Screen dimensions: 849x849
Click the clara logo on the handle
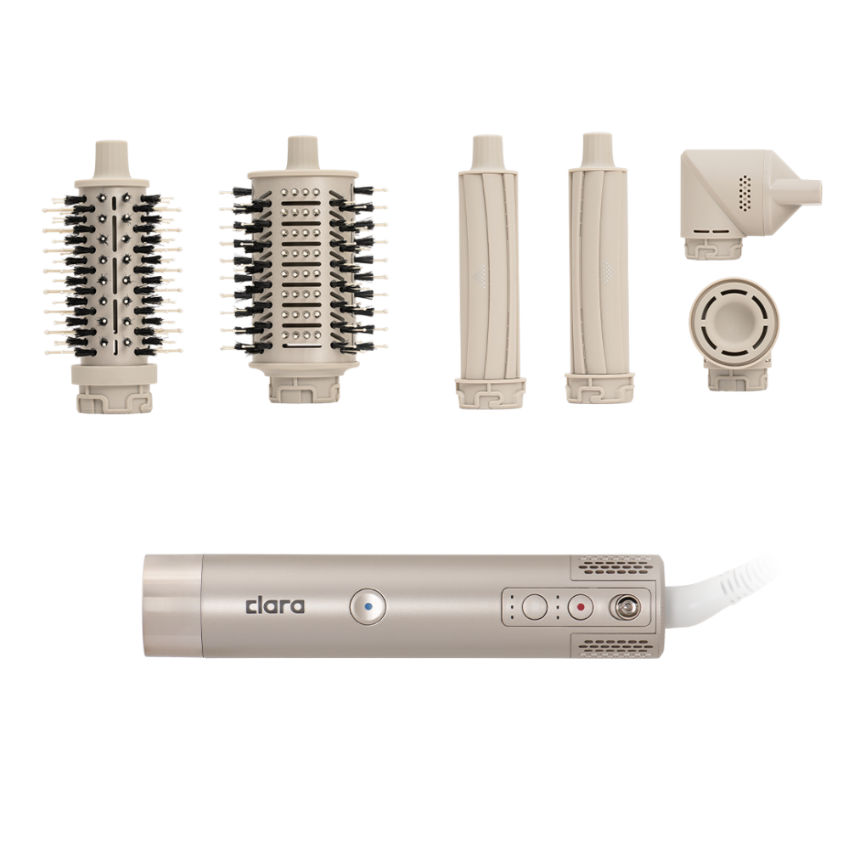(x=275, y=605)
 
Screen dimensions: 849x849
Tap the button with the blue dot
(x=368, y=607)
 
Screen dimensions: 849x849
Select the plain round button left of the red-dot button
(x=536, y=607)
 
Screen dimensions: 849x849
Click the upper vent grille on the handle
(x=616, y=565)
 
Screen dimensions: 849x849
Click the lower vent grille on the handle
(x=616, y=645)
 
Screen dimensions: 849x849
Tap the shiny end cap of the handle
(x=172, y=605)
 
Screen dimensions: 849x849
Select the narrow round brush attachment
(x=111, y=276)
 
